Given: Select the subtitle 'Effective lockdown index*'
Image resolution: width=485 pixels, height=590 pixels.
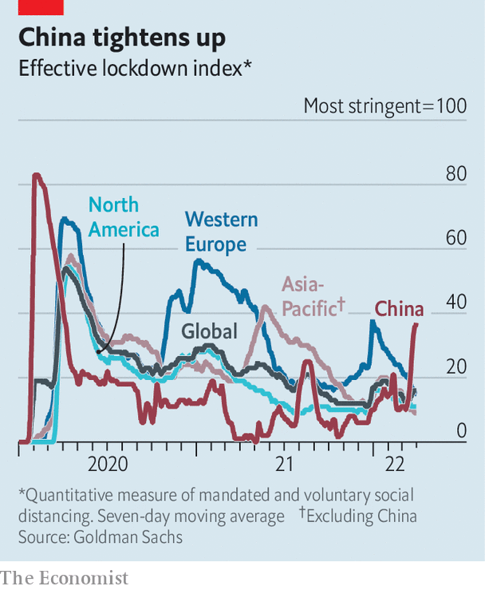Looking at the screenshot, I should pos(135,68).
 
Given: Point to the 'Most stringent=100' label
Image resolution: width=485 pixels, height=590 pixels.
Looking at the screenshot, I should pos(384,106).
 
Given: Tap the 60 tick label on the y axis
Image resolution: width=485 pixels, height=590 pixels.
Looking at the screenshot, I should pos(455,238).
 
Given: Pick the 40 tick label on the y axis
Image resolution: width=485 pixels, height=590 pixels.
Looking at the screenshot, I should pos(455,303).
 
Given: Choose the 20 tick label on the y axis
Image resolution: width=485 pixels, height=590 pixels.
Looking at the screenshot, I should pos(455,367).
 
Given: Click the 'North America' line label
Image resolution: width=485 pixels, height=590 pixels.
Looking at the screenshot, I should pos(124,217).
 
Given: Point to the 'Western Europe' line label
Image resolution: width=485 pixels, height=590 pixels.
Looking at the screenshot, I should pos(221,232).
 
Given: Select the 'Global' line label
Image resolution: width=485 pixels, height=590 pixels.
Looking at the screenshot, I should pos(209,331).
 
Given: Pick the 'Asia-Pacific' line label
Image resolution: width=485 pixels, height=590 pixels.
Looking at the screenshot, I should pos(313,295).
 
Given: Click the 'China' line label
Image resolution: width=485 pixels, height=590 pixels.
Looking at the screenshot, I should pos(400,309).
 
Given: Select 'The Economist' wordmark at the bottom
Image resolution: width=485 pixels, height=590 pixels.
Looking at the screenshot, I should pos(65,576).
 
